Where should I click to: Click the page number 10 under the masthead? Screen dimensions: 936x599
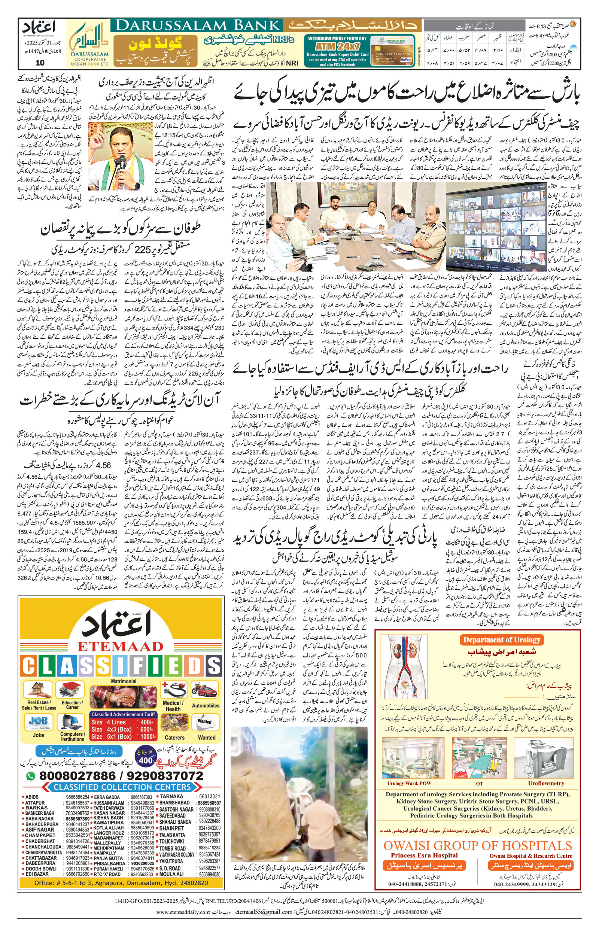(x=40, y=63)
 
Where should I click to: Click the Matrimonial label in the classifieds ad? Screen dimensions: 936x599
(x=124, y=681)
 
